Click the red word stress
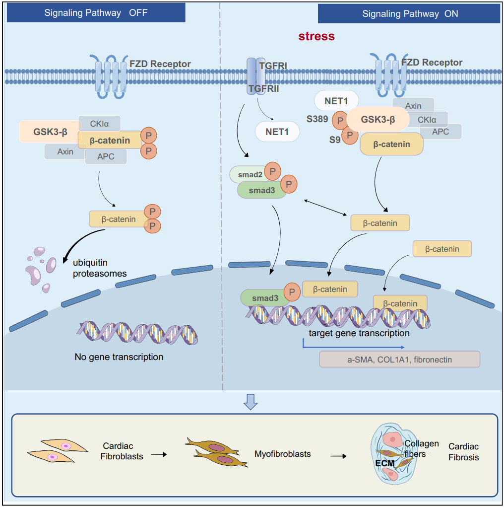click(x=316, y=36)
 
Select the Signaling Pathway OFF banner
click(x=96, y=13)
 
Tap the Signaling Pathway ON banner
click(x=410, y=14)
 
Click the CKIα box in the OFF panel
click(x=99, y=124)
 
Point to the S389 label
click(x=317, y=120)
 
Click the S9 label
click(x=335, y=140)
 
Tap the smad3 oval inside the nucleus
click(x=264, y=298)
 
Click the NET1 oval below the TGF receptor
click(x=277, y=132)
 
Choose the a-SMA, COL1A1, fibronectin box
click(x=399, y=359)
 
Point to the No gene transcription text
click(x=119, y=357)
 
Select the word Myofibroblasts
click(x=283, y=454)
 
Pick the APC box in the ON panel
click(x=441, y=132)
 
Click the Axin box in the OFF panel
click(x=65, y=151)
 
